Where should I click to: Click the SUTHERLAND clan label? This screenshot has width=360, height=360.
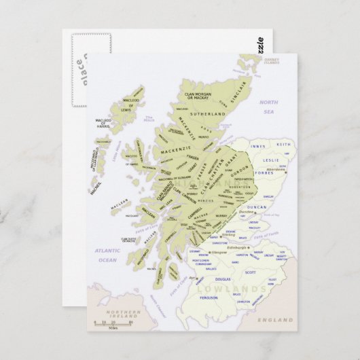coord(203,115)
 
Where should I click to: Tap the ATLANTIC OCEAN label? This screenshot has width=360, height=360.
coord(107,255)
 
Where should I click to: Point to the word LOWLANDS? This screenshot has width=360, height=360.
coord(231,289)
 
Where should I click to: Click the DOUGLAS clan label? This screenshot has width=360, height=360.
coord(223,278)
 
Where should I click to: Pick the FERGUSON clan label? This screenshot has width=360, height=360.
coord(209,298)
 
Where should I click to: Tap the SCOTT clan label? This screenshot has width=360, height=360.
coord(251,272)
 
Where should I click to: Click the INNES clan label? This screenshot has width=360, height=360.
coord(257,146)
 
